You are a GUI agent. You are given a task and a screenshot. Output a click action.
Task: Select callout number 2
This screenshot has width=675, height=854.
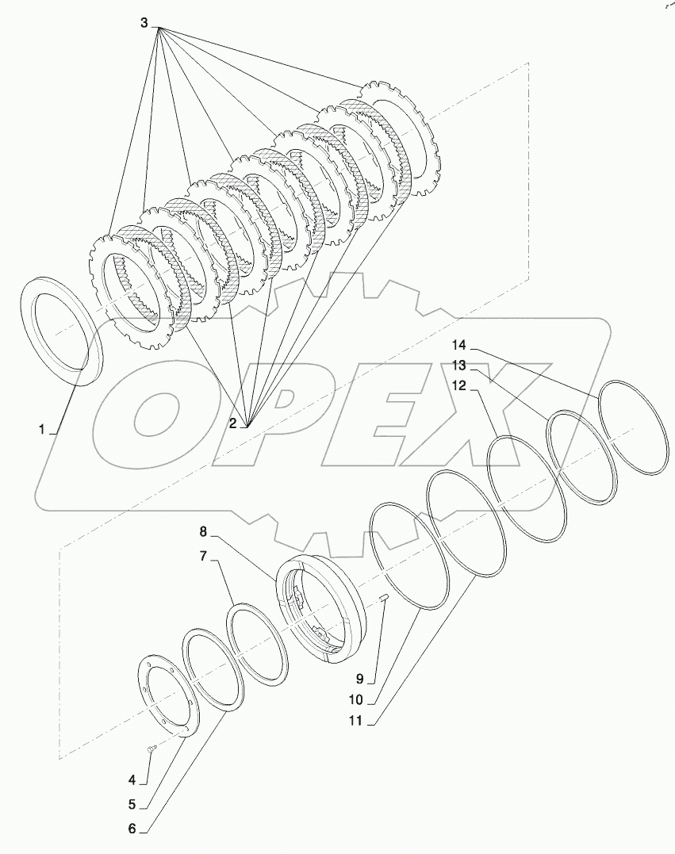tap(233, 423)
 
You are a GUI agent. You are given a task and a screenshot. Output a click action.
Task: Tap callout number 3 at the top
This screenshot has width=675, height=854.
tap(144, 24)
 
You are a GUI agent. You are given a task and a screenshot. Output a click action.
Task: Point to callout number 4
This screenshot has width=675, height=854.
tap(134, 778)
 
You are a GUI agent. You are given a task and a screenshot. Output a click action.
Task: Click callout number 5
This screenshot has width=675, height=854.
tap(134, 803)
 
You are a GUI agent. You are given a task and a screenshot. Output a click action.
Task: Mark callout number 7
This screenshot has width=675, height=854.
tap(203, 557)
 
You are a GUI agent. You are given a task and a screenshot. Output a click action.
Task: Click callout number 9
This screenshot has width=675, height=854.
tap(359, 679)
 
